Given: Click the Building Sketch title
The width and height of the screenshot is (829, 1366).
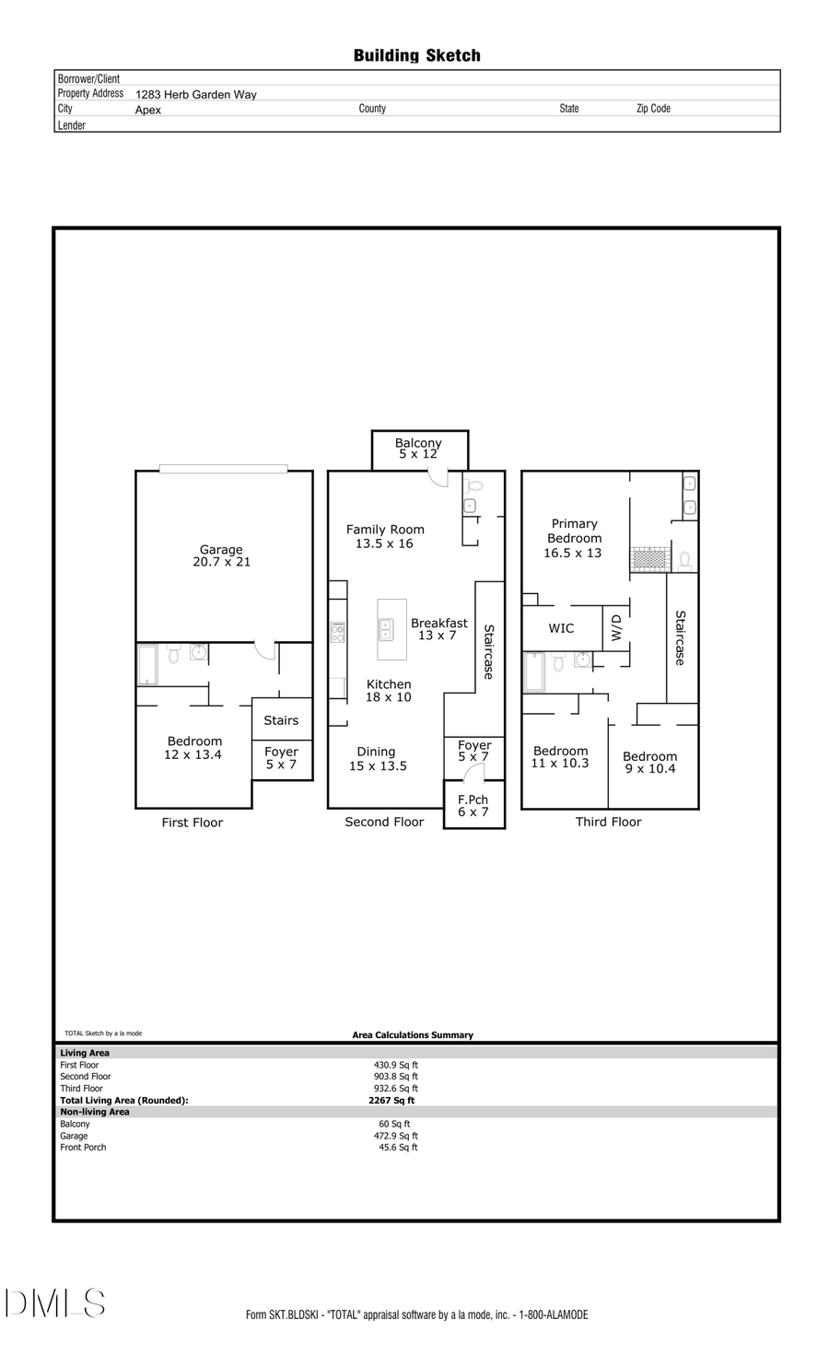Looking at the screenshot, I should (x=416, y=56).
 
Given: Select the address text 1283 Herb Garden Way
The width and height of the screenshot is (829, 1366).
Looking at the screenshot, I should (x=195, y=94).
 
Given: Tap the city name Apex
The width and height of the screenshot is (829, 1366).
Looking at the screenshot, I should (x=147, y=110).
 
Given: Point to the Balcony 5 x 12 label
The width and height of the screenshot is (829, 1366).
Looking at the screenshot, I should (x=418, y=449).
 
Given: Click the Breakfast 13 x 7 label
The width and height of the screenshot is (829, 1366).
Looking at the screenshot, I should (x=438, y=629).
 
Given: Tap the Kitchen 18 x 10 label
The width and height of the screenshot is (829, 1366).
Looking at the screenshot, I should (x=389, y=691).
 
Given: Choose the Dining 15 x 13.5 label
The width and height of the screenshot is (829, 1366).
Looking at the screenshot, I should (x=377, y=759).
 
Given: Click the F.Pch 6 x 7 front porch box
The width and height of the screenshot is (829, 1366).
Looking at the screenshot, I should (x=473, y=806).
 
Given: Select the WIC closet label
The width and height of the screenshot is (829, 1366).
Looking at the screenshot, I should (x=561, y=628).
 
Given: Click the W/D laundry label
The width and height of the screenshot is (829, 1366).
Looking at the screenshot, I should (x=616, y=628).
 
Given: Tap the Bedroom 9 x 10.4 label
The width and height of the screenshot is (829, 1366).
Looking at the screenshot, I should (x=649, y=763).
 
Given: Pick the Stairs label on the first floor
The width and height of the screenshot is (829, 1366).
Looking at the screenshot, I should (x=281, y=720).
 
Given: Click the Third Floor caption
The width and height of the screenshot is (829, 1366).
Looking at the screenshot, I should (x=608, y=822).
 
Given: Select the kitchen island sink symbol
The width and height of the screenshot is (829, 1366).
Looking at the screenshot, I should (x=386, y=629).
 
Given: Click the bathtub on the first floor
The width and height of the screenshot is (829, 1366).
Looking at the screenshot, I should (x=147, y=665).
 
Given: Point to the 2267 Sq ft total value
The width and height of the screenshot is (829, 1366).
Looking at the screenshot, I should (x=391, y=1100).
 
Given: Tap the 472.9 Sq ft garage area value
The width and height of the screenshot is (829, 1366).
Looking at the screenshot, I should (x=395, y=1136).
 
